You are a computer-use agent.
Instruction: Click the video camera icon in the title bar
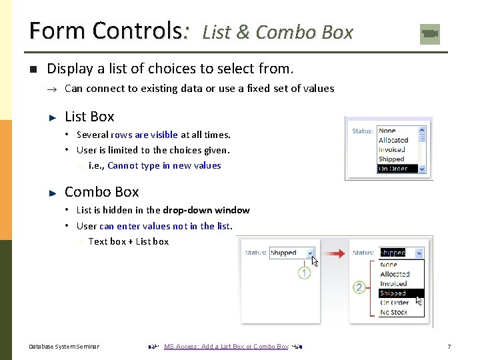(x=430, y=34)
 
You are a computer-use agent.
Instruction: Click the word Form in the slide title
(x=57, y=31)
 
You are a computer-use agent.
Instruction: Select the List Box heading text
(x=89, y=117)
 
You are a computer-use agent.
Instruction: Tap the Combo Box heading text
(x=101, y=192)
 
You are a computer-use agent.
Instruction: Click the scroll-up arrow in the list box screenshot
(x=422, y=131)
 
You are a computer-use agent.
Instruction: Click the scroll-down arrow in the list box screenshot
(x=422, y=169)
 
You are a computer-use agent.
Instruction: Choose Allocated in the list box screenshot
(x=393, y=140)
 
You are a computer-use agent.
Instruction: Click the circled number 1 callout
(x=304, y=273)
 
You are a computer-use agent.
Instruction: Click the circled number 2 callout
(x=359, y=288)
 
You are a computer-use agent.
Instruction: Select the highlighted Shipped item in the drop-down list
(x=393, y=293)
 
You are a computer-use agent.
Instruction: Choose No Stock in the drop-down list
(x=393, y=312)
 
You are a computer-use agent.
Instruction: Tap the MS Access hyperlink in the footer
(x=226, y=347)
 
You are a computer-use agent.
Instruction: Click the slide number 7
(x=449, y=347)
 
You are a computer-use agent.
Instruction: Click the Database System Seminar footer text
(x=64, y=347)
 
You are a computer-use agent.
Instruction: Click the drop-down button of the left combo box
(x=310, y=253)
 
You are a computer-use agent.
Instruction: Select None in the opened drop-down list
(x=388, y=265)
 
